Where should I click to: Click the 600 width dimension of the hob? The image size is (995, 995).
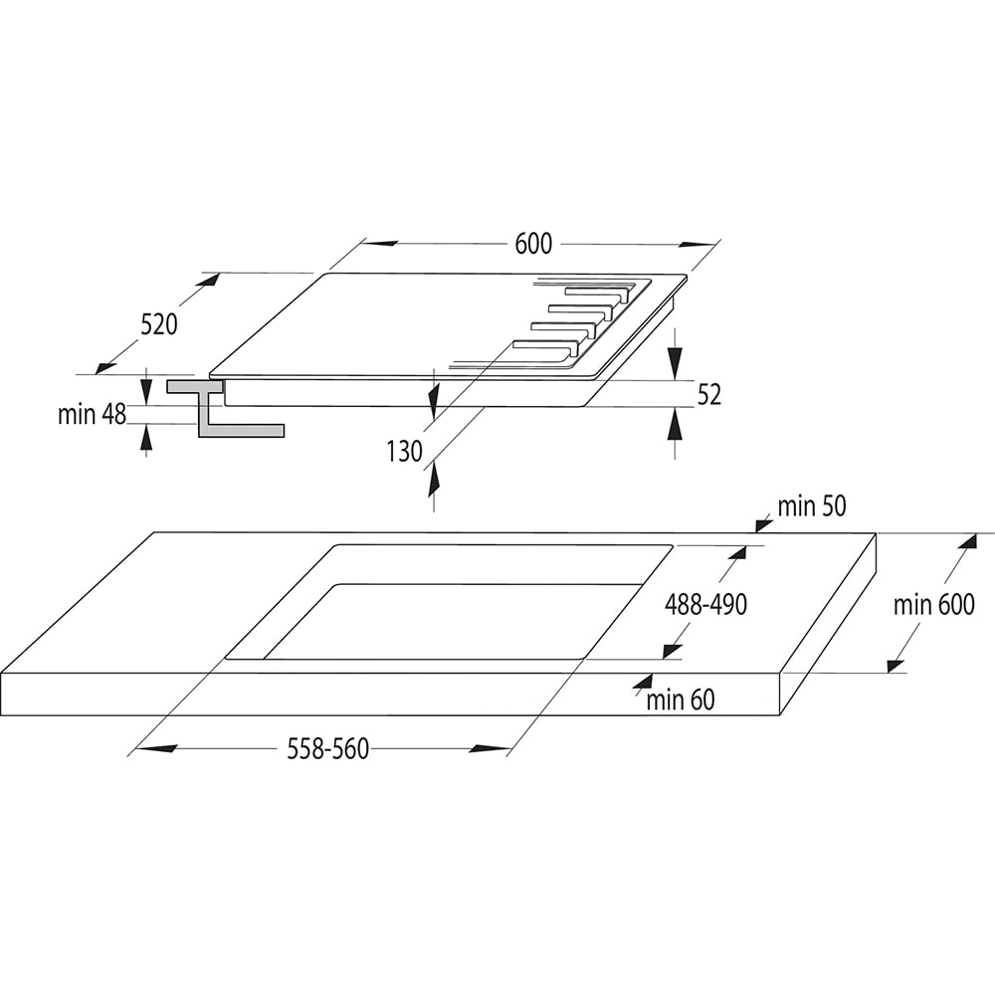[533, 244]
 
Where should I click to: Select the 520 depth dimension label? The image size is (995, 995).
[158, 324]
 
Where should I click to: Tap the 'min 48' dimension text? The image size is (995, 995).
[92, 415]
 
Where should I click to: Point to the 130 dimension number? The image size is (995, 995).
[405, 452]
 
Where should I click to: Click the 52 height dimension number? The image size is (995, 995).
[708, 395]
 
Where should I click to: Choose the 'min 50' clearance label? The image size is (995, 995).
[811, 506]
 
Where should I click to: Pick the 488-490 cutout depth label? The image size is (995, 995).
[705, 604]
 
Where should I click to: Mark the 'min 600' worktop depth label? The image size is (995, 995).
[933, 604]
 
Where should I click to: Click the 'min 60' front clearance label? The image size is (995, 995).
[681, 700]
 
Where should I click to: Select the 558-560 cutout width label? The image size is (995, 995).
[328, 749]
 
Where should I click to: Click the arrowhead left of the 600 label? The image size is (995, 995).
[381, 243]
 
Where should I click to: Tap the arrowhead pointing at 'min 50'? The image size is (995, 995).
[763, 522]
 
